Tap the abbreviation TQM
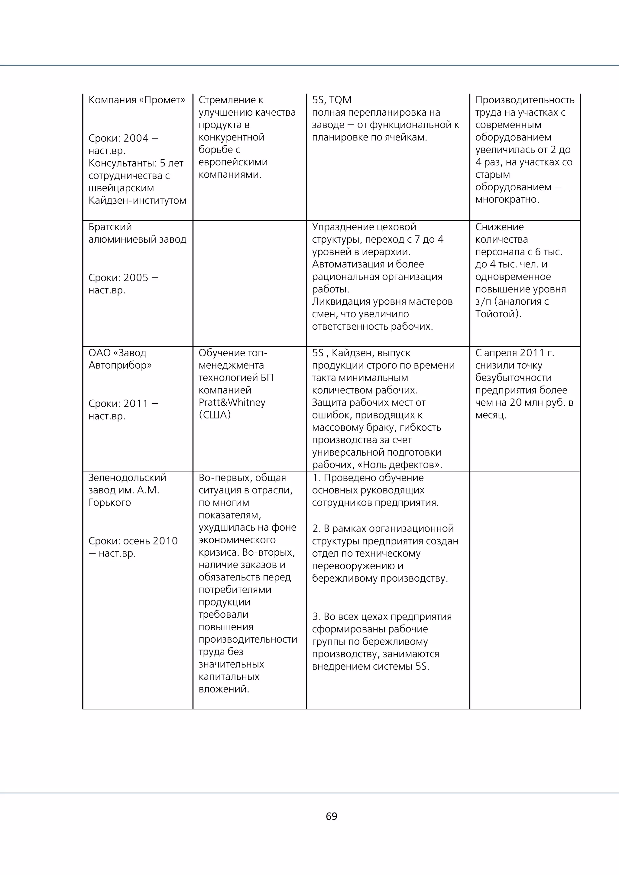(340, 100)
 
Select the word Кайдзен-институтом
(137, 200)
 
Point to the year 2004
(136, 138)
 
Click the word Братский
(110, 227)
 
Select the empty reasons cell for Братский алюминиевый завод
(249, 283)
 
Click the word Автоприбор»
(120, 365)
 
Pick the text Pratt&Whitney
(232, 402)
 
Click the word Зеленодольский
(127, 477)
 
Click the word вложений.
(224, 689)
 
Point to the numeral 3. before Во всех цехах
(316, 617)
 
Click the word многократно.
(507, 199)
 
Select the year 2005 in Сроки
(136, 277)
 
